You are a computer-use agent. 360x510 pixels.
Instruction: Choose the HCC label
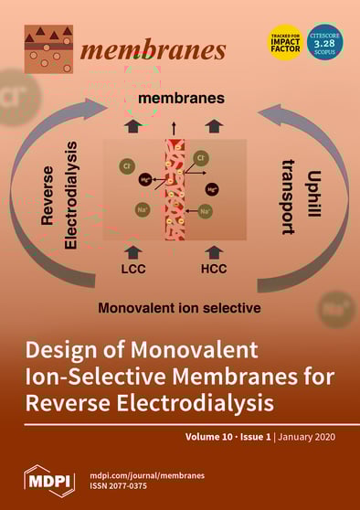(x=214, y=271)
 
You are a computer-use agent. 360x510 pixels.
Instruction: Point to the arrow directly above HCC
(x=214, y=250)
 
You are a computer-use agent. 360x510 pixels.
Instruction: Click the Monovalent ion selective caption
(x=179, y=308)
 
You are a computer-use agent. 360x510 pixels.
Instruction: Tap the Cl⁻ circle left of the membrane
(x=127, y=167)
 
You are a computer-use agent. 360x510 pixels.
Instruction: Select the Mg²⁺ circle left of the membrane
(x=146, y=182)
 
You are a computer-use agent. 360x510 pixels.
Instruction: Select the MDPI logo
(x=48, y=479)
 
